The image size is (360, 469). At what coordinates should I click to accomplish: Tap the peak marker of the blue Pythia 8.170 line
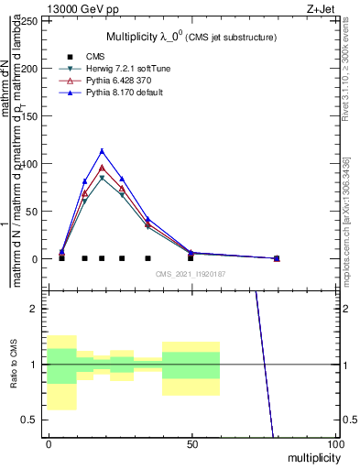[x=102, y=151]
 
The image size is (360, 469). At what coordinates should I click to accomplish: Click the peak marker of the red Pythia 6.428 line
[x=102, y=168]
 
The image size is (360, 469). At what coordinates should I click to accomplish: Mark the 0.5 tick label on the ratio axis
[x=32, y=420]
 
